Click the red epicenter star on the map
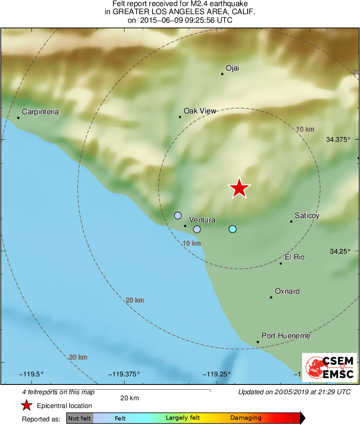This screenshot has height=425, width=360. [x=239, y=188]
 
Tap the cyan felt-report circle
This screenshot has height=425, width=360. [x=232, y=229]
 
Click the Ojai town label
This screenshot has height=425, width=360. [x=232, y=68]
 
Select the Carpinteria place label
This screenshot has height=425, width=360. [x=41, y=111]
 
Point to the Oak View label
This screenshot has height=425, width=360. [x=200, y=111]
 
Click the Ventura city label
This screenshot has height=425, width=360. [x=202, y=220]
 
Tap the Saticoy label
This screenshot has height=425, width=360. [x=307, y=216]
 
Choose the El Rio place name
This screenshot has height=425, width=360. [x=294, y=257]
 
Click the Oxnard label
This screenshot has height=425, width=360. [x=287, y=291]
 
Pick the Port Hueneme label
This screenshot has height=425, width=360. [x=286, y=336]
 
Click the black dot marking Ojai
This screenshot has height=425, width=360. [x=222, y=74]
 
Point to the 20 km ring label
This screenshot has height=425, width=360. [x=135, y=300]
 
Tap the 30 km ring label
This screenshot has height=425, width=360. [x=78, y=357]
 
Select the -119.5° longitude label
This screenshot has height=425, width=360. [x=33, y=374]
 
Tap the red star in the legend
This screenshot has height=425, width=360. [x=27, y=406]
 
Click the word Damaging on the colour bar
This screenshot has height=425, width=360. [x=246, y=418]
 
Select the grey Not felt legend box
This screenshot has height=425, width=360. [x=79, y=418]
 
